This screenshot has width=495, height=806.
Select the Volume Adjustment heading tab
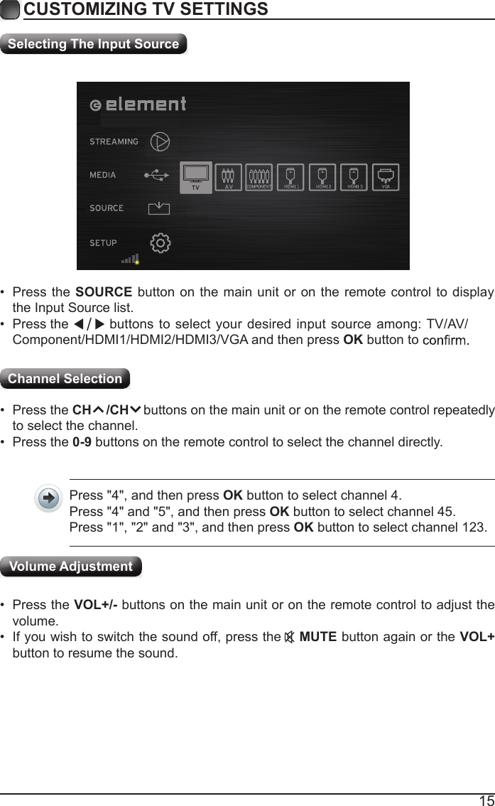[x=71, y=566]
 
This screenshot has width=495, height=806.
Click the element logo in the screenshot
[x=139, y=104]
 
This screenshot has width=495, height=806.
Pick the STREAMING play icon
[x=161, y=141]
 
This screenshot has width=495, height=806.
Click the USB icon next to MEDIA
[x=157, y=175]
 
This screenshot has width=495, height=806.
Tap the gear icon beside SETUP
[x=161, y=243]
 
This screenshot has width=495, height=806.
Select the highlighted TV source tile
[x=196, y=178]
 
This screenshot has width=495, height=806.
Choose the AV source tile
[x=229, y=178]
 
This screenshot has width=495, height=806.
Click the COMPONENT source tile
[x=259, y=178]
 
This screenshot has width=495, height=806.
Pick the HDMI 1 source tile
[x=290, y=178]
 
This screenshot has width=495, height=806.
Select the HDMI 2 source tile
[x=322, y=178]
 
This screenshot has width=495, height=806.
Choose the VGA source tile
[x=386, y=178]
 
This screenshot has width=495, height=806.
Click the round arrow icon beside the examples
[x=48, y=499]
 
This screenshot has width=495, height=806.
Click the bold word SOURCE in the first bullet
[x=103, y=294]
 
